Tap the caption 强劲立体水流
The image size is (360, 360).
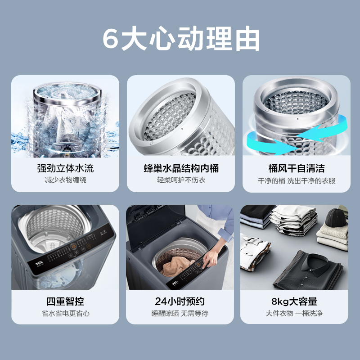65,169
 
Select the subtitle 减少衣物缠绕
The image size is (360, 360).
65,180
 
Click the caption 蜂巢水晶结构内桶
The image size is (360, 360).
181,169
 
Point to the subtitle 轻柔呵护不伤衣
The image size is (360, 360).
181,180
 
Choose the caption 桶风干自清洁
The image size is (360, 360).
296,169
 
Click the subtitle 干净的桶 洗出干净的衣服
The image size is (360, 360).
296,180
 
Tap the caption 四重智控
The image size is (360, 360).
65,301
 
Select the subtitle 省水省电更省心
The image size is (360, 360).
65,313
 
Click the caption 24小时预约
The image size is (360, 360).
181,301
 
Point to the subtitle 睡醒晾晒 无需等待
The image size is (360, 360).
181,313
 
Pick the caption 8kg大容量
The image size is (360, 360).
296,301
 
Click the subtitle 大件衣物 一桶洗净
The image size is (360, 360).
296,313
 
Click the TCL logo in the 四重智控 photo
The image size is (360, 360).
33,264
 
